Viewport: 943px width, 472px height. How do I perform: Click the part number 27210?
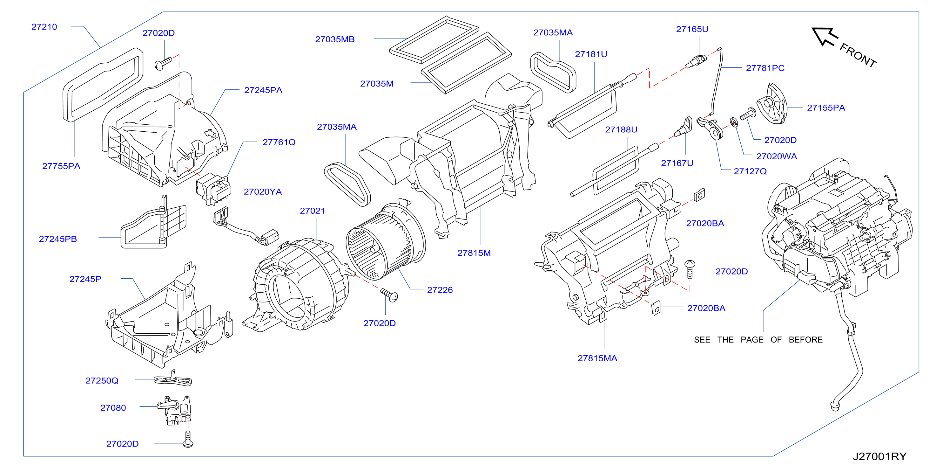[44, 27]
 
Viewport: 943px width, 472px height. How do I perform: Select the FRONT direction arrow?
[825, 37]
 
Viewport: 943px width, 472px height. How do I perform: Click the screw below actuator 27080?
[188, 439]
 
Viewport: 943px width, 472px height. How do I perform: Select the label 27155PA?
[826, 108]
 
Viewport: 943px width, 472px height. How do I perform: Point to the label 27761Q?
[279, 142]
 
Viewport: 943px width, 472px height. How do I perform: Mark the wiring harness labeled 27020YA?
[246, 227]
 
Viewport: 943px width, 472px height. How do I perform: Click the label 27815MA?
[597, 358]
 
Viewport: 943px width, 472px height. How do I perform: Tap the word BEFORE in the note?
[805, 340]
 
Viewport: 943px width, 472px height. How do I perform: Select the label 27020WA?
[777, 156]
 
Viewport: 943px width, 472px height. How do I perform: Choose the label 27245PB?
[58, 239]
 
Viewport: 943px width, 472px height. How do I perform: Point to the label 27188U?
[621, 129]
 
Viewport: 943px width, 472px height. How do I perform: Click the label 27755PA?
[61, 166]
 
